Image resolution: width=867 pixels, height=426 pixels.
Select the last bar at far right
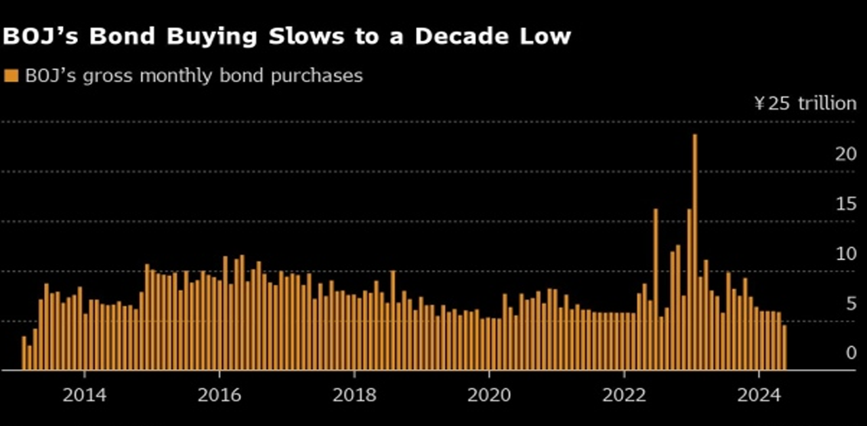[x=784, y=348]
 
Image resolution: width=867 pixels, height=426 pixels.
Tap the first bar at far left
[x=24, y=353]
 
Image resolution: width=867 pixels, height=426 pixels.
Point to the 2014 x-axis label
[x=84, y=395]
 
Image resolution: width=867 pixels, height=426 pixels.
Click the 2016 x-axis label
[x=219, y=395]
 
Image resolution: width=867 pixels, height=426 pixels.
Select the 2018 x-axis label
[x=354, y=395]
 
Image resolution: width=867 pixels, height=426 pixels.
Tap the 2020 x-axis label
[x=488, y=395]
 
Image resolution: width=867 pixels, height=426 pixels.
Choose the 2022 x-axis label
[x=623, y=395]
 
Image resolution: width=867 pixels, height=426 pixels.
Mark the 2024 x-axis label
[x=758, y=395]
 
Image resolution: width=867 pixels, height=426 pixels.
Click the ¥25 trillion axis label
[x=805, y=103]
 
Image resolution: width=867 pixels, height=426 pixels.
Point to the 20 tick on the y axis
[x=846, y=154]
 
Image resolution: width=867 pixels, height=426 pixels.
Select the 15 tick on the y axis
[x=846, y=204]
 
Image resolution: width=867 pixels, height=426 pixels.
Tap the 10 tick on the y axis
[x=846, y=254]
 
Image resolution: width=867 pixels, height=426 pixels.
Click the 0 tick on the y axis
[x=851, y=353]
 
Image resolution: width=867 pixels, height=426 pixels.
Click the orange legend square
[x=11, y=76]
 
